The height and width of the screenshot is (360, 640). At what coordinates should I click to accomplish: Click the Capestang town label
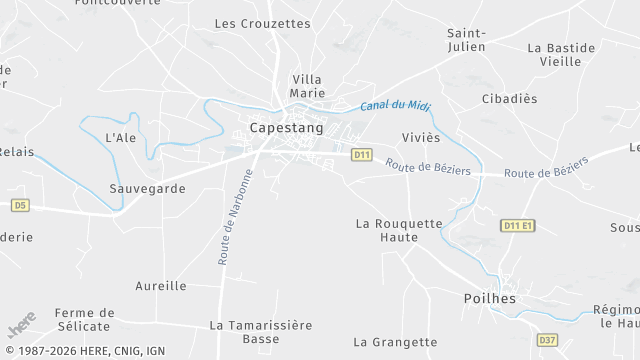click(x=286, y=129)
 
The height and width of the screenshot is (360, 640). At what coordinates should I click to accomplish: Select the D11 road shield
click(x=362, y=155)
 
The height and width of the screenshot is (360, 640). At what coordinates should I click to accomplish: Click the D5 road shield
click(x=20, y=205)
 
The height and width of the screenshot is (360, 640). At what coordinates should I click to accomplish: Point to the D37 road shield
click(x=547, y=340)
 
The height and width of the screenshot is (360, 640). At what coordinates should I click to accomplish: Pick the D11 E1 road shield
click(x=518, y=226)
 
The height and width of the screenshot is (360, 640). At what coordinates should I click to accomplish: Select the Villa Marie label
click(x=307, y=86)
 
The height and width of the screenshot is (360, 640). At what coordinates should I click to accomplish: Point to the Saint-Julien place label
click(x=466, y=39)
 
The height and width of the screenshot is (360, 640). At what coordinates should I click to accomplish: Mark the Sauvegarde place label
click(x=147, y=188)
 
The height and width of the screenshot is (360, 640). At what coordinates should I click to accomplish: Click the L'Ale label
click(x=120, y=137)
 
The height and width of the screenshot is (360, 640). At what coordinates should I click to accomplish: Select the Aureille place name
click(x=162, y=286)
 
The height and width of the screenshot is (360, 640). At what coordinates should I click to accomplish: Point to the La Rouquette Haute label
click(x=398, y=230)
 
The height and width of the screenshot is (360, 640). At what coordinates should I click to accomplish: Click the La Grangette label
click(x=395, y=342)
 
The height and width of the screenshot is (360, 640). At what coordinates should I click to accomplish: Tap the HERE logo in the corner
click(x=21, y=326)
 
